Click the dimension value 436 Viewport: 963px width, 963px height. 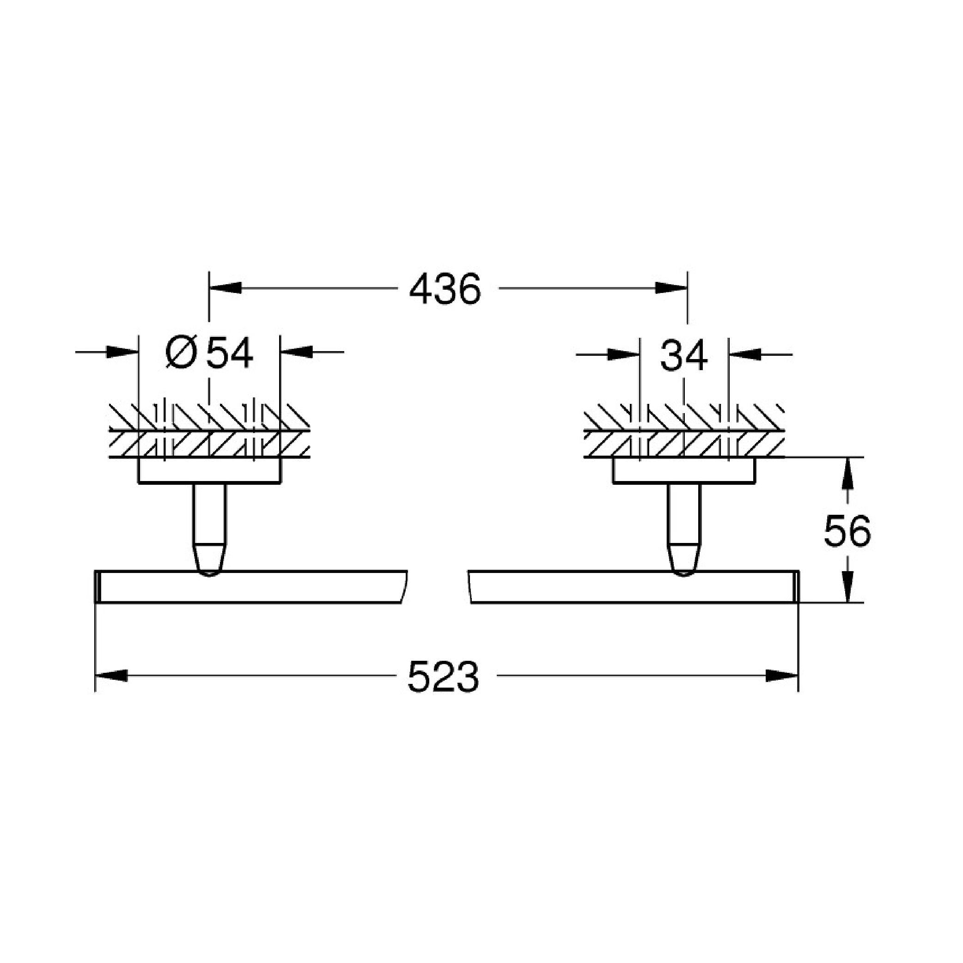point(445,289)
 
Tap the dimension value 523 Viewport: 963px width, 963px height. point(443,677)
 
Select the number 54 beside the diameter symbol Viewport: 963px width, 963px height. point(230,353)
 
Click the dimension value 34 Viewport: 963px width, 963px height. point(684,355)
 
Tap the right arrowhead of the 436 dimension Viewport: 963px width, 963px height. point(671,288)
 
